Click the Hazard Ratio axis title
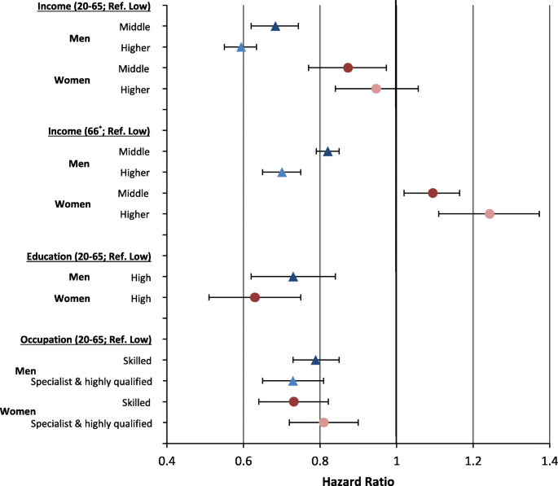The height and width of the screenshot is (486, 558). (359, 479)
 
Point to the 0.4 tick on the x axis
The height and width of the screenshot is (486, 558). (167, 462)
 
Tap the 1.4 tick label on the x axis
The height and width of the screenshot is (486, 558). (548, 462)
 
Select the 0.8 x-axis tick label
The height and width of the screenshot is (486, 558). (320, 462)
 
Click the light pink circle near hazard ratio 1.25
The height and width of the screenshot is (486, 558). (490, 214)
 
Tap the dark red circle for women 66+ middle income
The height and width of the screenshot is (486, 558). (433, 193)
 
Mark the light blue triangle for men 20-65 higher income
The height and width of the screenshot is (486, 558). (241, 47)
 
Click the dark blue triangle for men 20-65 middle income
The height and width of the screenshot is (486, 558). (275, 26)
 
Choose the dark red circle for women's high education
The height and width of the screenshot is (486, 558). (255, 297)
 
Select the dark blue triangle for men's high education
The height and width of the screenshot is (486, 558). (293, 277)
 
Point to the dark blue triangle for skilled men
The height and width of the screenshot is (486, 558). (316, 360)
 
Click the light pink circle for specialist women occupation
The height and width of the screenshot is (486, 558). (323, 423)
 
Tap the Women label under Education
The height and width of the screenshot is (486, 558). (72, 298)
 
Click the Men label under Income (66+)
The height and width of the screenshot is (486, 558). (78, 162)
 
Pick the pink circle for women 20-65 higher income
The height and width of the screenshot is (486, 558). (376, 89)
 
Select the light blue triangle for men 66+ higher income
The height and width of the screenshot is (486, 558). (282, 173)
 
